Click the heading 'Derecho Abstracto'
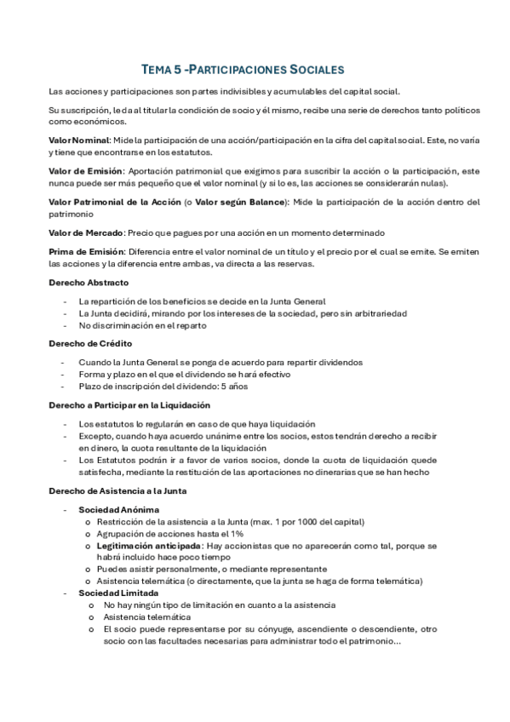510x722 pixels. pyautogui.click(x=89, y=283)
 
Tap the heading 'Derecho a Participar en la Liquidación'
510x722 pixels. pyautogui.click(x=129, y=405)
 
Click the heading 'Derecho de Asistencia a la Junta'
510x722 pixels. pyautogui.click(x=118, y=491)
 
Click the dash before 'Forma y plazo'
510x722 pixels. pyautogui.click(x=65, y=375)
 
